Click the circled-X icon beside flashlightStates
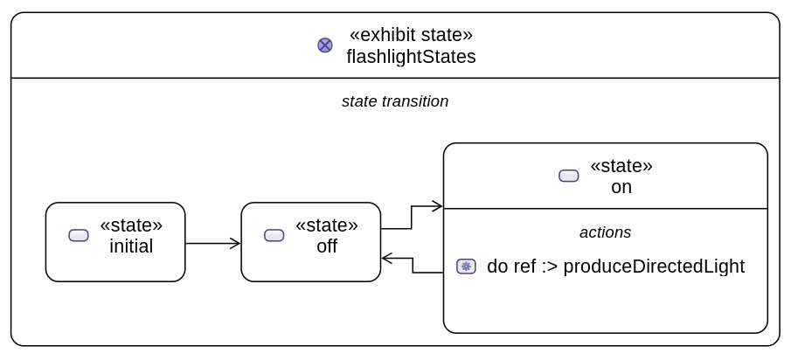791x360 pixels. tap(324, 45)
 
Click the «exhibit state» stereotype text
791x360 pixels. tap(411, 35)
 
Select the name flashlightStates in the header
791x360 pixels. tap(411, 57)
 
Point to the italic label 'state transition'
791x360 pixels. tap(395, 101)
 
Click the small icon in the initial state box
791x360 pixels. tap(79, 235)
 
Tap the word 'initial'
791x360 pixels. tap(131, 246)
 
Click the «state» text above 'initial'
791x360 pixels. tap(131, 225)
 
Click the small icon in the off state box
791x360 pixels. tap(274, 235)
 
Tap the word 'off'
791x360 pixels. tap(327, 246)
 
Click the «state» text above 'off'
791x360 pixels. tap(327, 225)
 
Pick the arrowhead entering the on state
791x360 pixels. tap(438, 207)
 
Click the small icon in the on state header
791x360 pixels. tap(569, 176)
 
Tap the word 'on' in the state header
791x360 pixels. tap(621, 187)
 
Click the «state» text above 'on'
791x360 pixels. tap(621, 166)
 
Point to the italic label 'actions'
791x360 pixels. tap(605, 232)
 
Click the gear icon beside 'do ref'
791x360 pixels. tap(466, 267)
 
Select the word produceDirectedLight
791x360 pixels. tap(654, 267)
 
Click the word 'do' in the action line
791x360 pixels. tap(497, 267)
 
